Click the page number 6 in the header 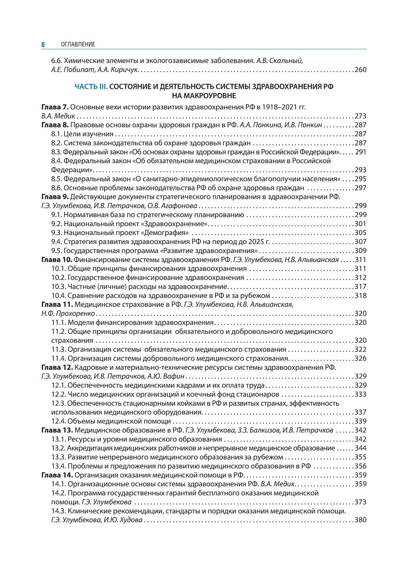pyautogui.click(x=43, y=44)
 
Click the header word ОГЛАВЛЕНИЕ pyautogui.click(x=78, y=44)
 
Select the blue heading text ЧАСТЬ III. pyautogui.click(x=91, y=87)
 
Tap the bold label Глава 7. pyautogui.click(x=55, y=107)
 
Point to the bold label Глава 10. pyautogui.click(x=57, y=260)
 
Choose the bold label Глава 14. pyautogui.click(x=57, y=475)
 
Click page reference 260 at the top pyautogui.click(x=360, y=70)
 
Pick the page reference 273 pyautogui.click(x=360, y=116)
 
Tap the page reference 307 pyautogui.click(x=360, y=242)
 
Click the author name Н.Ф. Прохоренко pyautogui.click(x=68, y=313)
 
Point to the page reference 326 pyautogui.click(x=360, y=358)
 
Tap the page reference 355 pyautogui.click(x=360, y=457)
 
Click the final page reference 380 pyautogui.click(x=360, y=520)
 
